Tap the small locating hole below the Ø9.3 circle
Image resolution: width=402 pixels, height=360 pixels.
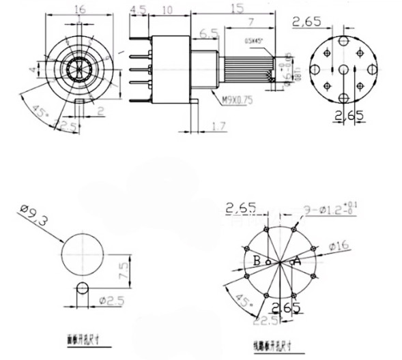point(83,288)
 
